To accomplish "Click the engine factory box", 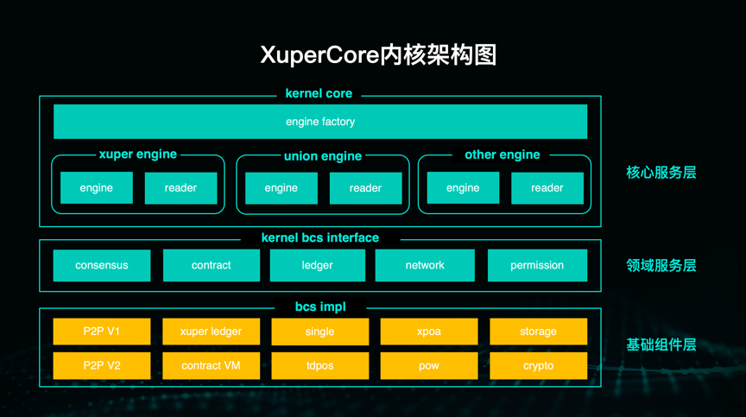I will (320, 122).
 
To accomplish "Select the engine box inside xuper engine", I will (97, 188).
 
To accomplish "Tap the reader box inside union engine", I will (365, 188).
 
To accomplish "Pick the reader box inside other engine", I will (547, 188).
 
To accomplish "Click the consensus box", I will (102, 265).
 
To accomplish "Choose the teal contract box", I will (212, 265).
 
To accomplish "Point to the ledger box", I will (318, 265).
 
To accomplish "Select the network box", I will (425, 265).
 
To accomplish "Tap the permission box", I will (537, 265).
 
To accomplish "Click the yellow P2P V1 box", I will (102, 332).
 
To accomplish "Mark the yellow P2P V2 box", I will (102, 365).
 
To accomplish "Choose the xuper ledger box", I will (212, 332).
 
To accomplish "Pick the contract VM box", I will (212, 365).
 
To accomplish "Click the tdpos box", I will (319, 365).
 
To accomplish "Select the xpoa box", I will (429, 332).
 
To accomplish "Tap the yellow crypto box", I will (539, 365).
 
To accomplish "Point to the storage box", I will (539, 332).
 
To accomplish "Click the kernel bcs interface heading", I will (320, 237).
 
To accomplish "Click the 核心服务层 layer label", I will (661, 173).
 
